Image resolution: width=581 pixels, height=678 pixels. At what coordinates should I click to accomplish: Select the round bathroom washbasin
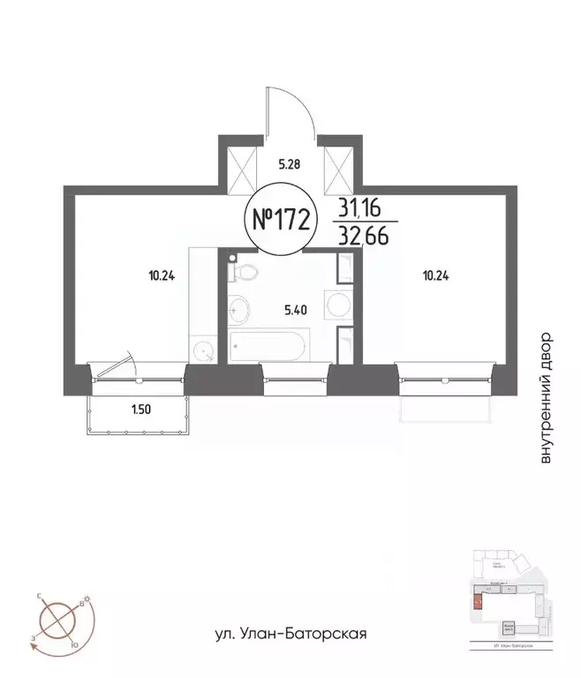click(238, 310)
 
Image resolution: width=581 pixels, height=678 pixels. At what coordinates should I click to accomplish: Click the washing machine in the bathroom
click(337, 305)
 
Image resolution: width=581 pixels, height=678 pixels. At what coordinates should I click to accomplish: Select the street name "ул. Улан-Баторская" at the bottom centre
click(290, 634)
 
